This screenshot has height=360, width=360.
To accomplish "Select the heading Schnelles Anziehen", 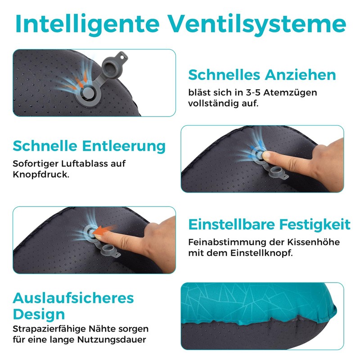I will click(x=262, y=75).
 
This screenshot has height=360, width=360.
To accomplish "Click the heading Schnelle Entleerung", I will click(x=89, y=146).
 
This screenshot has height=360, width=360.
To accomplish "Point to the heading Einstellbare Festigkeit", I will click(x=269, y=224).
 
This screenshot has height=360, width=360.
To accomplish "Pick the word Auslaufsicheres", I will click(x=73, y=297).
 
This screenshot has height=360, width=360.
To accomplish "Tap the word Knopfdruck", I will click(x=41, y=174).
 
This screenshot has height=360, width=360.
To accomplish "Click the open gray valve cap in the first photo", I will click(x=111, y=69).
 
